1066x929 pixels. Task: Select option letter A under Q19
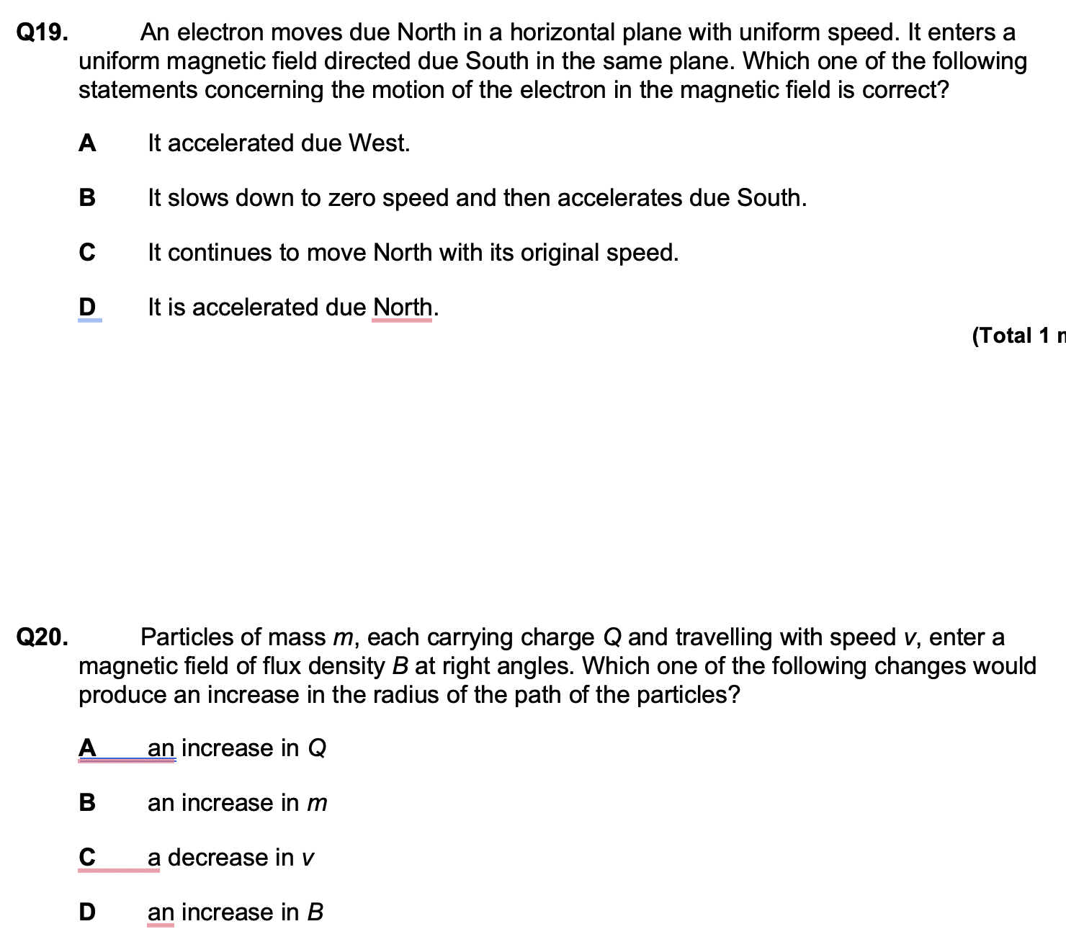point(86,143)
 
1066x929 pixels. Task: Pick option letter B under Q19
point(86,198)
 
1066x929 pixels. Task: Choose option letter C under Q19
point(86,253)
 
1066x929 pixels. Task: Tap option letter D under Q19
point(86,308)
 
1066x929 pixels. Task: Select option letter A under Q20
point(86,748)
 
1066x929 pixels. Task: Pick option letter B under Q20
point(86,803)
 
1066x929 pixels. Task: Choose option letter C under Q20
point(86,858)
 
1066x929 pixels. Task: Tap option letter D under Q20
point(86,912)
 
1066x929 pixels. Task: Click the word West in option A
point(379,143)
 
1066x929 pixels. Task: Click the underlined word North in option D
point(403,308)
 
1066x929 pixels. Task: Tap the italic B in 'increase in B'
point(315,912)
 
